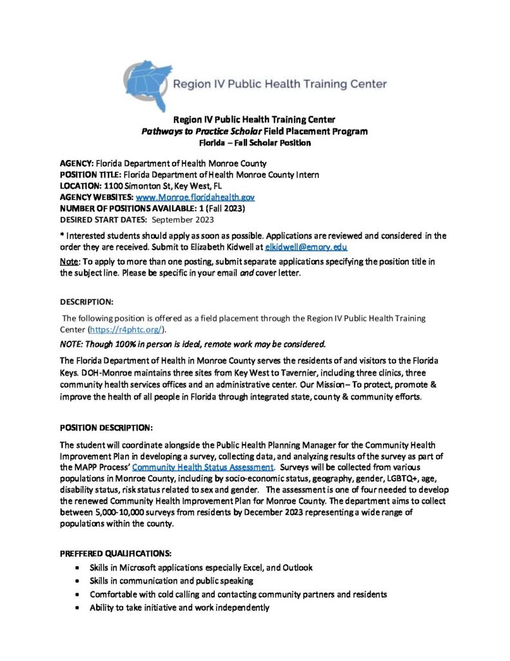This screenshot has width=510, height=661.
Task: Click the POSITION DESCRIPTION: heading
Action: tap(106, 427)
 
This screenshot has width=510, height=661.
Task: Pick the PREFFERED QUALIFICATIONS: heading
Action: tap(114, 554)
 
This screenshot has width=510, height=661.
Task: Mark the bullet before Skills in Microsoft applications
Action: tap(77, 567)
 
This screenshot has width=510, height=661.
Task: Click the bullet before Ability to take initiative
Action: tap(77, 608)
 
